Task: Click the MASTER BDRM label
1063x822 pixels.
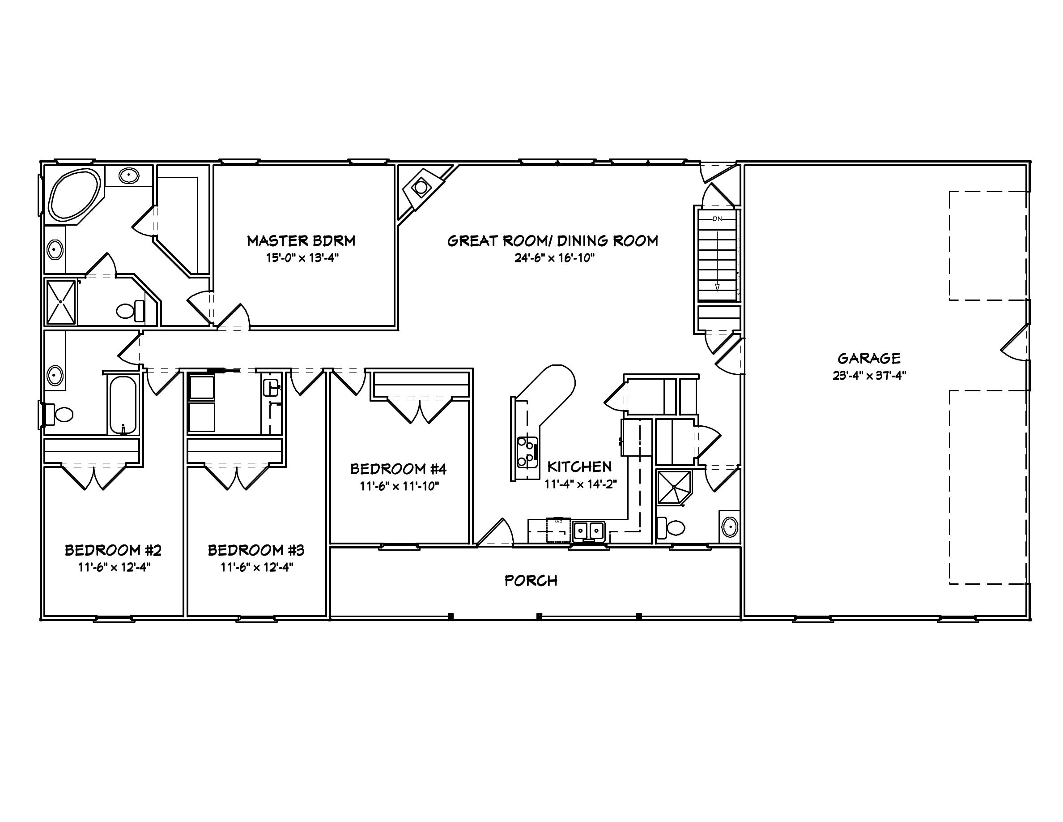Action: tap(301, 240)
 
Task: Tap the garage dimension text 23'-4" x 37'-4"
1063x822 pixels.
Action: tap(869, 376)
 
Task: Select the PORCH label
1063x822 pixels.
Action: tap(531, 581)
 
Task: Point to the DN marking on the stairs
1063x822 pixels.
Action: tap(717, 218)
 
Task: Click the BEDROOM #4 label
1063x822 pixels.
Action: tap(398, 469)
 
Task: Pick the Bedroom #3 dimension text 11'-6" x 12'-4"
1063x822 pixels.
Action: tap(256, 567)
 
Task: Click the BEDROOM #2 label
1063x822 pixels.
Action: tap(113, 550)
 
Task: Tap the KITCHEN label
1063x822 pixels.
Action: tap(579, 467)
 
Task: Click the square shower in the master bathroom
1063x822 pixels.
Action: tap(61, 302)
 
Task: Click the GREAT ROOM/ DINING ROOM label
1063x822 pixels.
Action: tap(553, 240)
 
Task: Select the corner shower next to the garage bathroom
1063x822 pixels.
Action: tap(674, 487)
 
